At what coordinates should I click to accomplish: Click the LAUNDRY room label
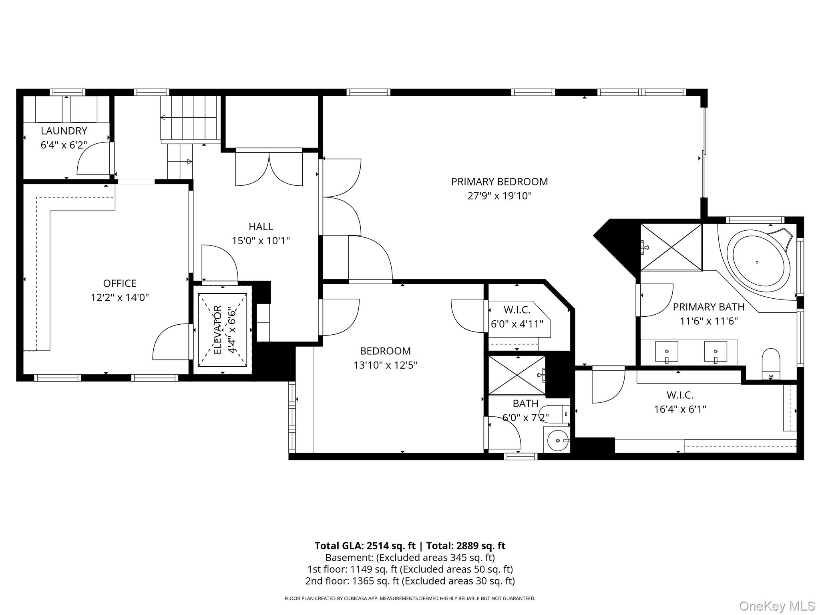click(64, 131)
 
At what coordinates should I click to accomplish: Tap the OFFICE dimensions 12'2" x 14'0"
click(120, 297)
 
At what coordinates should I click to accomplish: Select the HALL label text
click(261, 227)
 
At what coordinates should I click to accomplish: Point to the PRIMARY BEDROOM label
click(499, 182)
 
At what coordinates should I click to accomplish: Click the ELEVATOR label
click(218, 330)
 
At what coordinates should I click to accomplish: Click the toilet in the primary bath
click(771, 364)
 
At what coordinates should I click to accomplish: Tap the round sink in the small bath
click(559, 440)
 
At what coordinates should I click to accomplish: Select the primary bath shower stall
click(671, 247)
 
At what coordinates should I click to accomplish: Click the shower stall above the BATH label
click(517, 375)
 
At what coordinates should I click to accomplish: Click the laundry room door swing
click(93, 159)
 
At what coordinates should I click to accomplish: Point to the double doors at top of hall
click(269, 169)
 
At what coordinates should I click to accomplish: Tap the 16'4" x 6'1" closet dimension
click(680, 409)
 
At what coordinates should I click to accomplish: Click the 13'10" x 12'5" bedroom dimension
click(385, 365)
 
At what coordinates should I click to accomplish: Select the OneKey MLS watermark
click(777, 606)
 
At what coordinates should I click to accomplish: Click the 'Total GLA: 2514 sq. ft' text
click(365, 546)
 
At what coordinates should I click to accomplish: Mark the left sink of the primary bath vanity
click(667, 352)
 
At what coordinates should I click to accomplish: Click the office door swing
click(171, 342)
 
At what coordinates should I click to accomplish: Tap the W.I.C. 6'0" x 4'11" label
click(517, 317)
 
